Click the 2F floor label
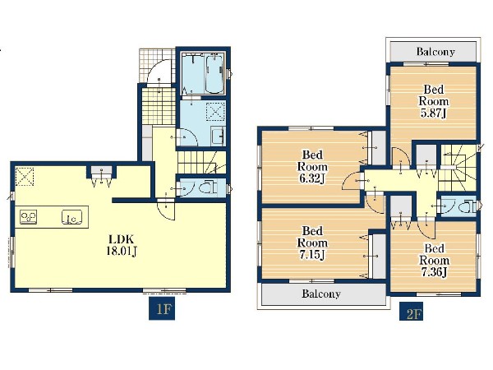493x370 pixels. pyautogui.click(x=411, y=312)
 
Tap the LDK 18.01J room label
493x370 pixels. pyautogui.click(x=122, y=245)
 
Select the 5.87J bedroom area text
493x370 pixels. pyautogui.click(x=434, y=113)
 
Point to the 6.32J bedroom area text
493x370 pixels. pyautogui.click(x=312, y=178)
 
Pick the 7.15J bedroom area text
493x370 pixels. pyautogui.click(x=312, y=255)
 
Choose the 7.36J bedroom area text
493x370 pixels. pyautogui.click(x=434, y=272)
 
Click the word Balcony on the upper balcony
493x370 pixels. pyautogui.click(x=435, y=52)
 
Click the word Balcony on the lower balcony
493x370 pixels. pyautogui.click(x=321, y=294)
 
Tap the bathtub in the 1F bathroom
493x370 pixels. pyautogui.click(x=214, y=74)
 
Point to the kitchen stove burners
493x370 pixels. pyautogui.click(x=28, y=217)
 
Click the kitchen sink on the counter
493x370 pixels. pyautogui.click(x=71, y=217)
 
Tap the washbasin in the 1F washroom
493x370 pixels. pyautogui.click(x=218, y=136)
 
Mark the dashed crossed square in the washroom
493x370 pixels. pyautogui.click(x=215, y=112)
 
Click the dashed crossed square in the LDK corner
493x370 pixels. pyautogui.click(x=25, y=177)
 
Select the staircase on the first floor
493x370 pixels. pyautogui.click(x=202, y=162)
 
